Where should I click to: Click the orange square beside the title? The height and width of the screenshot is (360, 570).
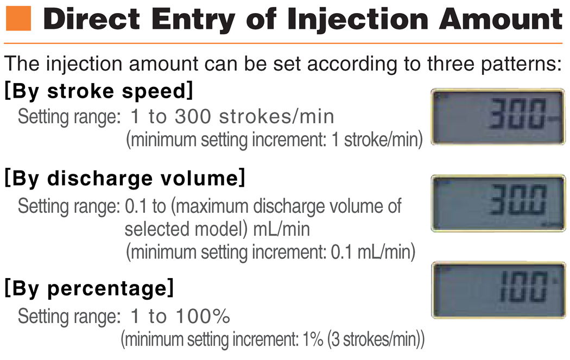pyautogui.click(x=18, y=18)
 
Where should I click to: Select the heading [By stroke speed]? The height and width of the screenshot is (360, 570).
pyautogui.click(x=98, y=91)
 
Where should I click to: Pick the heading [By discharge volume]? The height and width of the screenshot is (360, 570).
pyautogui.click(x=125, y=178)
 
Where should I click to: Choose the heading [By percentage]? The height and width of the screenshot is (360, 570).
pyautogui.click(x=89, y=288)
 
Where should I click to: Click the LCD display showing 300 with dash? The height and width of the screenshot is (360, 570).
pyautogui.click(x=498, y=116)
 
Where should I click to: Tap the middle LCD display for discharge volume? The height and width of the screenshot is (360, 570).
pyautogui.click(x=498, y=203)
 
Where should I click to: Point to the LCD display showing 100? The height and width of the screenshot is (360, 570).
pyautogui.click(x=499, y=290)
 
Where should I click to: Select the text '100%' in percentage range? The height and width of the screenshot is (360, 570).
pyautogui.click(x=203, y=316)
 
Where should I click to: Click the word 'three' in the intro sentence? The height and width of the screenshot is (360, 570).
pyautogui.click(x=451, y=64)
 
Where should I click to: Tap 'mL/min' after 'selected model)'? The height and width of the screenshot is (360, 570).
pyautogui.click(x=282, y=230)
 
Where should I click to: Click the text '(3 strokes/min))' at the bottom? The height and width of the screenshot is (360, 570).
pyautogui.click(x=376, y=339)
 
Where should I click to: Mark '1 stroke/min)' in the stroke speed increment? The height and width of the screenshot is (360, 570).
pyautogui.click(x=377, y=140)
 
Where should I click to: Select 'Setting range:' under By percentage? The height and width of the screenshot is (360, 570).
pyautogui.click(x=69, y=317)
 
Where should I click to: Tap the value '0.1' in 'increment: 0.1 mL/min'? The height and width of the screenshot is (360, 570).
pyautogui.click(x=341, y=252)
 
